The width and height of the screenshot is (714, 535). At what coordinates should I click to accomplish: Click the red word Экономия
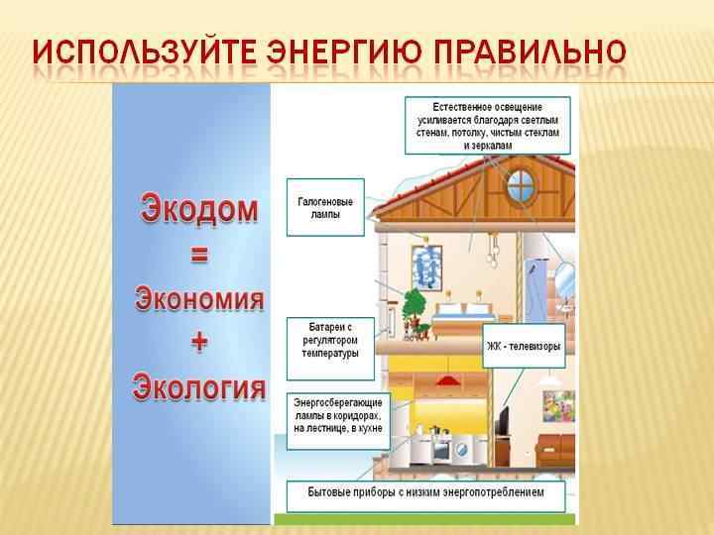199,296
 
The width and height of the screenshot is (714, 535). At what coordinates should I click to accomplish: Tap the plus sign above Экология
199,341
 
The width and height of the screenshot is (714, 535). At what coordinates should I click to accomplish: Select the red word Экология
199,383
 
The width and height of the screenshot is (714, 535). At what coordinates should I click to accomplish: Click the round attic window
521,182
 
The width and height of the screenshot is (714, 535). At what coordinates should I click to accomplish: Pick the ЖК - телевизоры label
525,347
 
